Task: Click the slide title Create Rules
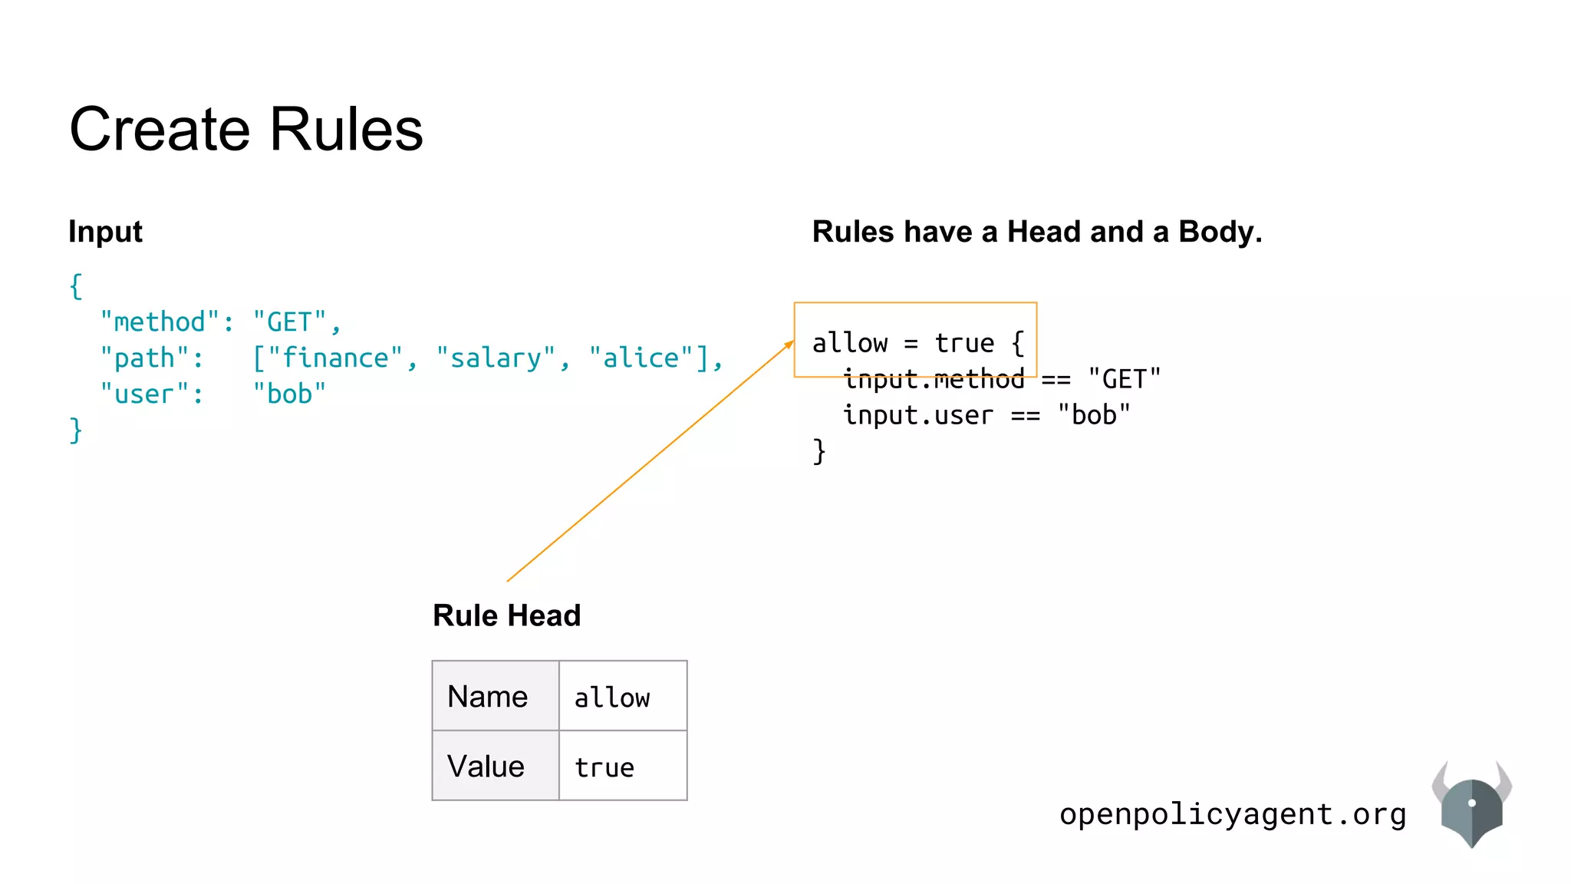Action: point(245,129)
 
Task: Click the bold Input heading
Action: point(105,232)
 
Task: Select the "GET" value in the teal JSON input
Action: point(290,322)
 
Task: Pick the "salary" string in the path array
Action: point(496,358)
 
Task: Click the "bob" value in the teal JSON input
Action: point(289,394)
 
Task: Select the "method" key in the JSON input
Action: point(160,322)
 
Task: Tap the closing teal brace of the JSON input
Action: point(75,430)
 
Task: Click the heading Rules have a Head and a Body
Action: point(1037,232)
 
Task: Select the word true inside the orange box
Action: point(964,343)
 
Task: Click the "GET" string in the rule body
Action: point(1124,379)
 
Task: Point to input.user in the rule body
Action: point(918,415)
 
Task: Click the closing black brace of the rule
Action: point(819,451)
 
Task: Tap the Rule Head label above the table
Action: point(507,615)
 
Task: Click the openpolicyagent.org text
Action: point(1233,814)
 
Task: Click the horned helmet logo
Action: point(1471,806)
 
